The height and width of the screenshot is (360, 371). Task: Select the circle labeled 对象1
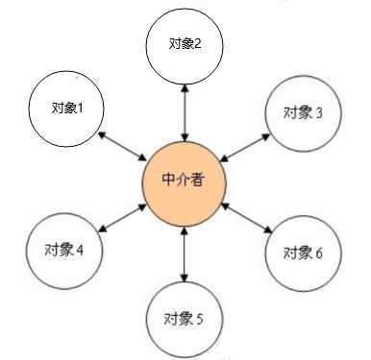pos(66,107)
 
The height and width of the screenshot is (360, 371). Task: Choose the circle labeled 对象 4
pos(63,250)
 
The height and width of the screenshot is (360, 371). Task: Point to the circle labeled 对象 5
pos(184,318)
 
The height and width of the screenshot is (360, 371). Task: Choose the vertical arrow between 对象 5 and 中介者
pos(184,250)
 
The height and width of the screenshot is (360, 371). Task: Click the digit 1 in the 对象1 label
pos(81,107)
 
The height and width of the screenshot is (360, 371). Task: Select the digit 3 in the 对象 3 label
pos(318,113)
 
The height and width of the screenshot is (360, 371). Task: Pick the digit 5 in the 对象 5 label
pos(199,319)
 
